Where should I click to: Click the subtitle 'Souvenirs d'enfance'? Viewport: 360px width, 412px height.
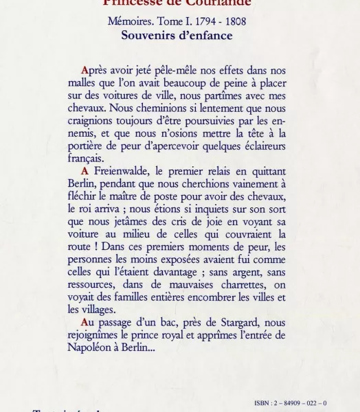177,36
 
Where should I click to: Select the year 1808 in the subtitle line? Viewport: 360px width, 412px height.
234,21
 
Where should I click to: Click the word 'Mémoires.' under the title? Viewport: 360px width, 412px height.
131,21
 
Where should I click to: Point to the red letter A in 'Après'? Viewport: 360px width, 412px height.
85,70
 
